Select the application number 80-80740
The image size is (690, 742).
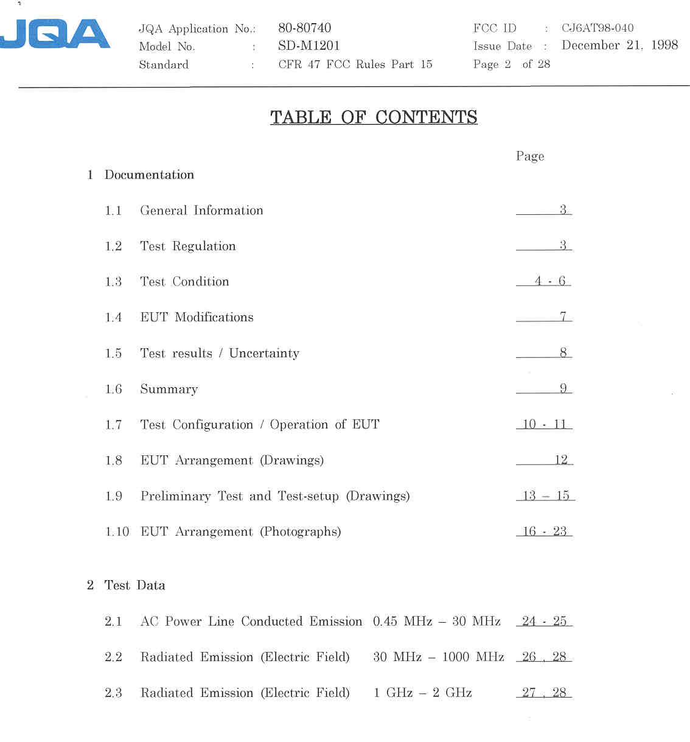304,28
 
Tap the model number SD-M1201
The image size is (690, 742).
308,46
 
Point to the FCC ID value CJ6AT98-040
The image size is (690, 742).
597,28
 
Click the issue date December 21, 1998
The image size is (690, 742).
619,45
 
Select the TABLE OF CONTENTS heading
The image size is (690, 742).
374,117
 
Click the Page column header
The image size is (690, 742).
529,156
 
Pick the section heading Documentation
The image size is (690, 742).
149,175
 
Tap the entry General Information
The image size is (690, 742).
201,211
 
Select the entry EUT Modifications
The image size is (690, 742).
197,317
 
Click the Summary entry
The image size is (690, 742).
169,389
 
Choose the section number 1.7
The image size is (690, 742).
113,425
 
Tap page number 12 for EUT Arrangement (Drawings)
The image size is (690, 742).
560,460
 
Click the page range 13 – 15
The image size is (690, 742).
546,495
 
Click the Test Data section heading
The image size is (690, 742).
134,586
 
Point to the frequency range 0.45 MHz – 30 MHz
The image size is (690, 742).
436,621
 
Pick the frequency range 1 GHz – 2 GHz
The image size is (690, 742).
422,693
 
